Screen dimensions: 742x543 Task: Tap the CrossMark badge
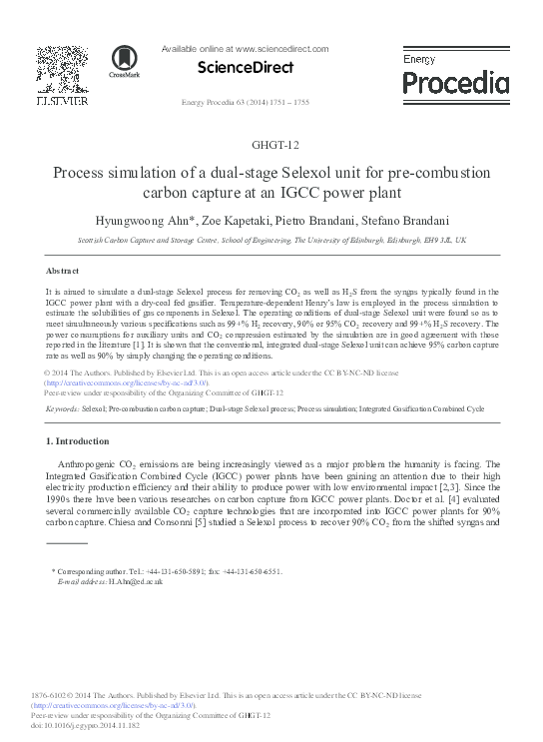pos(124,61)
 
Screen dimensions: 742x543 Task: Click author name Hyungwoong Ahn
pos(180,220)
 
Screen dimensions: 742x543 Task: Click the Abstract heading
pos(63,271)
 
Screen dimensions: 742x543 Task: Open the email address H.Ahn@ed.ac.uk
pos(112,580)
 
